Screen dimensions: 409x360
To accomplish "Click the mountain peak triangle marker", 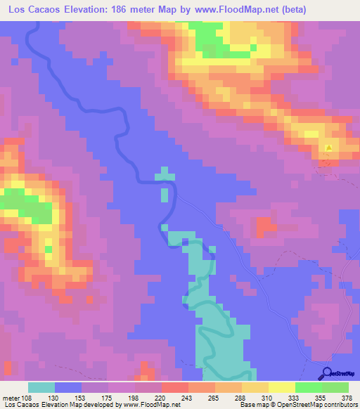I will click(x=329, y=148).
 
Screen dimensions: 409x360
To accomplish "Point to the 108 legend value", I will click(x=27, y=397).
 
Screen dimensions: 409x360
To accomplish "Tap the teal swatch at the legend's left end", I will click(x=41, y=387).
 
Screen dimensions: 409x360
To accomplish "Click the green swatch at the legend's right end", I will click(x=335, y=387).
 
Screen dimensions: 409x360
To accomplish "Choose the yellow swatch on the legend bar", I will click(x=282, y=387).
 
